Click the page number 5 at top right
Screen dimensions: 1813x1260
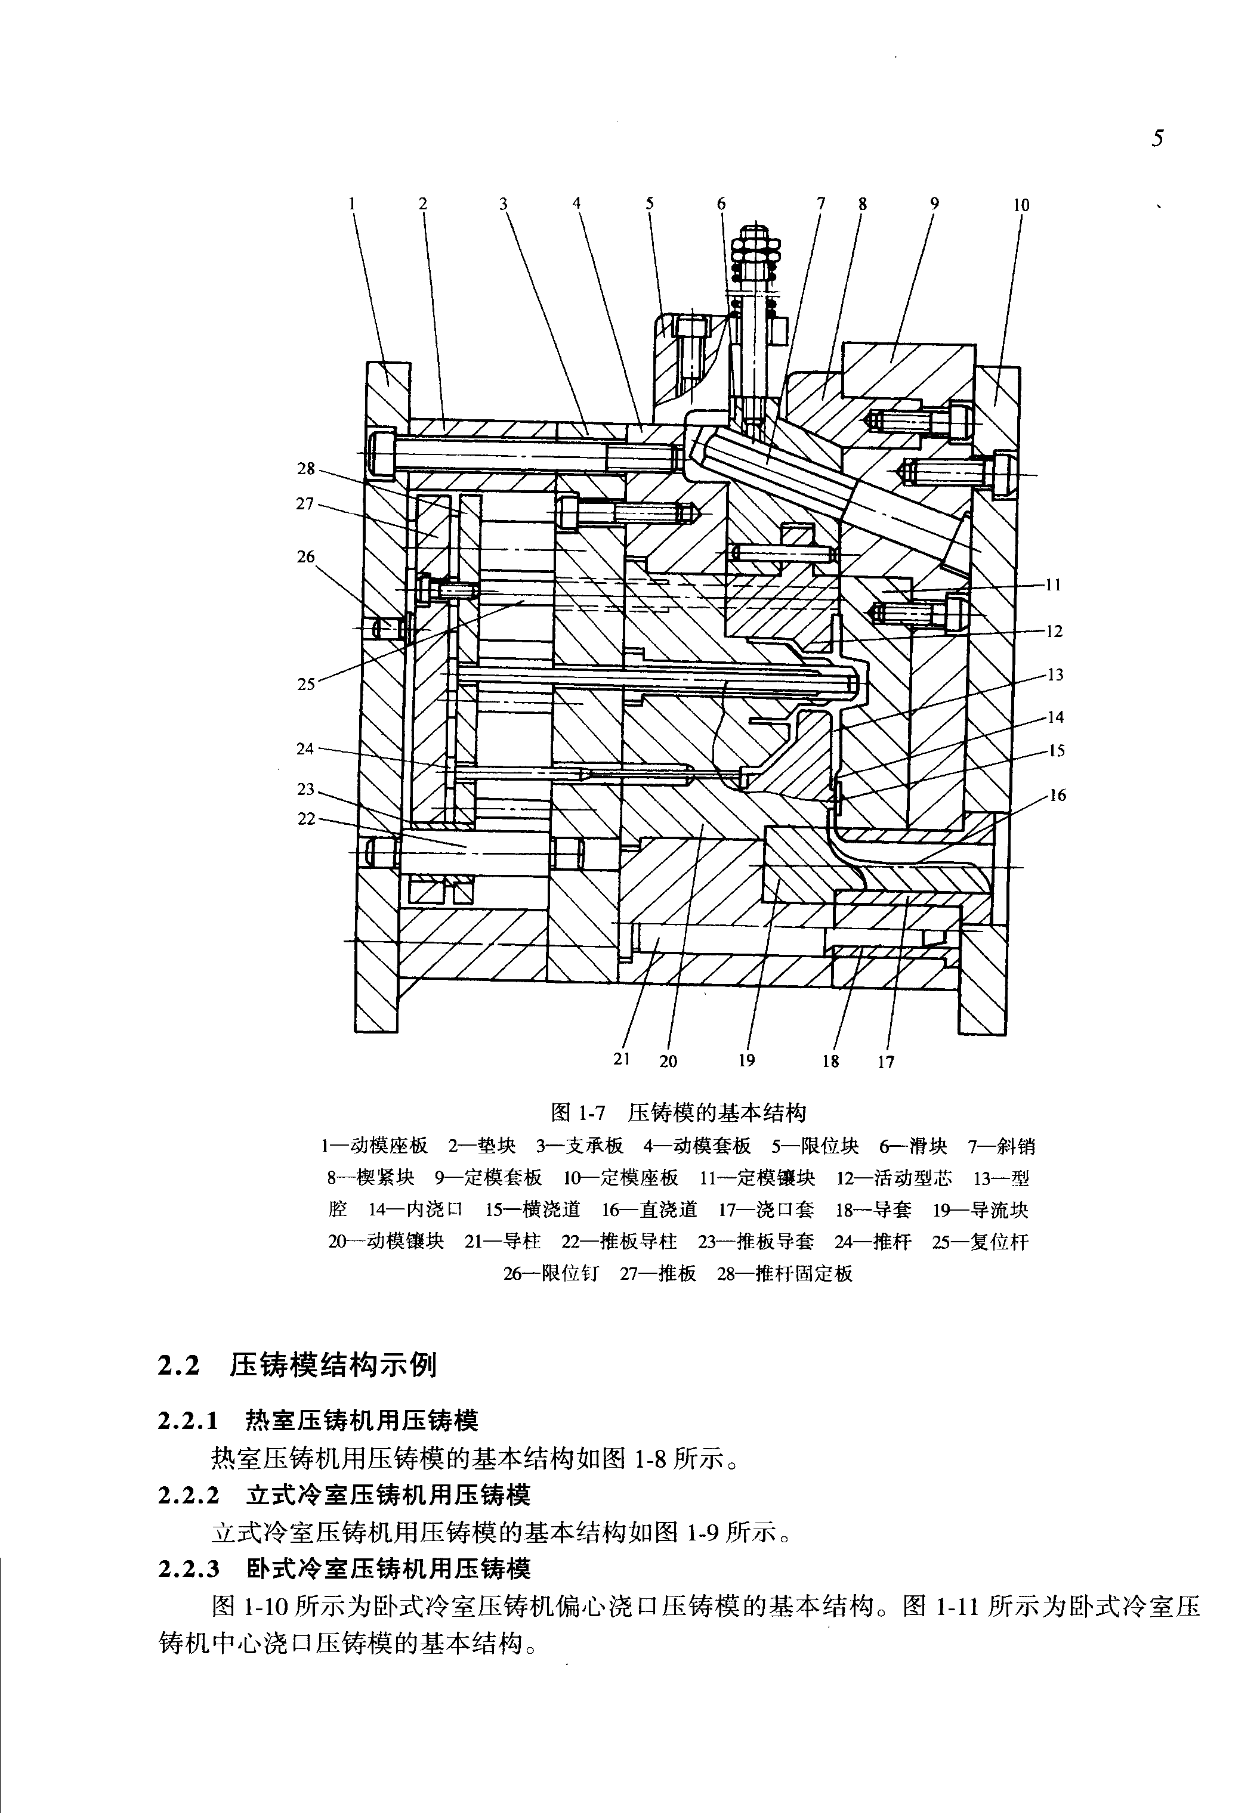[x=1157, y=140]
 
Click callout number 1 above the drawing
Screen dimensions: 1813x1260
[x=352, y=203]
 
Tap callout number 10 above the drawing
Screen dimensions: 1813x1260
[x=1021, y=205]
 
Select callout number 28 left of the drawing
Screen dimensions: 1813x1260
[x=305, y=469]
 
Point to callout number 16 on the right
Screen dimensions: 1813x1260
[x=1057, y=795]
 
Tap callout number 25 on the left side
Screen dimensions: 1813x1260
[x=305, y=684]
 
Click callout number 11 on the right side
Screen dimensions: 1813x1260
[x=1053, y=585]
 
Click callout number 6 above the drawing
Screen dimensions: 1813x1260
[x=721, y=203]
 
